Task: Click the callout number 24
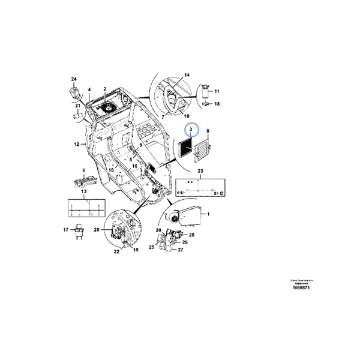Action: pyautogui.click(x=74, y=80)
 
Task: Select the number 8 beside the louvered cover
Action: pyautogui.click(x=208, y=130)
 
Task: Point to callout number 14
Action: pyautogui.click(x=186, y=74)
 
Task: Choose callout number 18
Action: pyautogui.click(x=217, y=104)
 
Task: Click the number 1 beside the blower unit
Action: pyautogui.click(x=208, y=214)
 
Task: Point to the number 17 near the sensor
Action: pyautogui.click(x=67, y=229)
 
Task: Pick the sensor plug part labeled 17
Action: pyautogui.click(x=79, y=230)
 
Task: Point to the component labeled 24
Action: pyautogui.click(x=74, y=92)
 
